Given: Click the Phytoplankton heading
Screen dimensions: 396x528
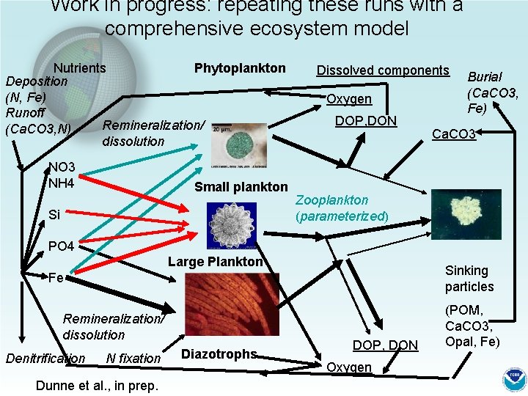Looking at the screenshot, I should [240, 68].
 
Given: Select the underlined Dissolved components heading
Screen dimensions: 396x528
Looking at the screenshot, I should [382, 70].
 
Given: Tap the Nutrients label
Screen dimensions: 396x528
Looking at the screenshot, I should [79, 68].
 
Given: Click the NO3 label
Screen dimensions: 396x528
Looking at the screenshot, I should [62, 168].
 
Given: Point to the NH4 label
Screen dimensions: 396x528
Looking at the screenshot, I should [62, 182].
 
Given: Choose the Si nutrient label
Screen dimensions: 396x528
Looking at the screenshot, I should [54, 215].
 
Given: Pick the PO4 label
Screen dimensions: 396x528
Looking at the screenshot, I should [61, 246].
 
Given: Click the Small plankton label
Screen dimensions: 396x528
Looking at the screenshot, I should [241, 187].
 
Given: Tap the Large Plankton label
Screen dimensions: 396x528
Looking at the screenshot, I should [215, 262].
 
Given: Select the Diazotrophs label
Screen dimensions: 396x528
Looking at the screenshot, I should [219, 354].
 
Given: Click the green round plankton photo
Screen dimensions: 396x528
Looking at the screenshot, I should [233, 144].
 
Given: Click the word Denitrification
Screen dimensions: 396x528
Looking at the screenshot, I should [45, 358].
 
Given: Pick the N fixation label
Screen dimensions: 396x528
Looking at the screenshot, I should [133, 358].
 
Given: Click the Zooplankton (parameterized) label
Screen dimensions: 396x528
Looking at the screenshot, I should [342, 208].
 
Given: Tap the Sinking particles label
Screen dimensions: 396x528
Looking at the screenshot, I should [469, 279].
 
